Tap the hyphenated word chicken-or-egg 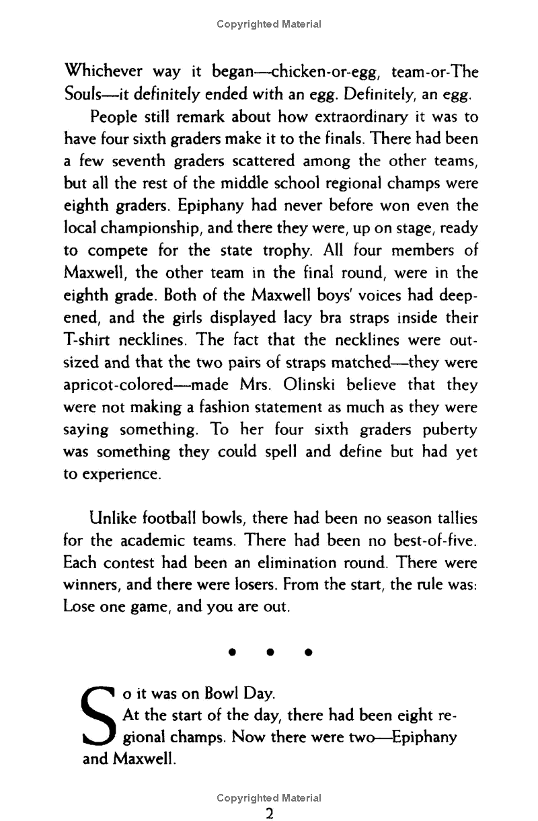coord(282,71)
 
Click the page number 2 coord(269,813)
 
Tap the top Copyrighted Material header coord(269,24)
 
